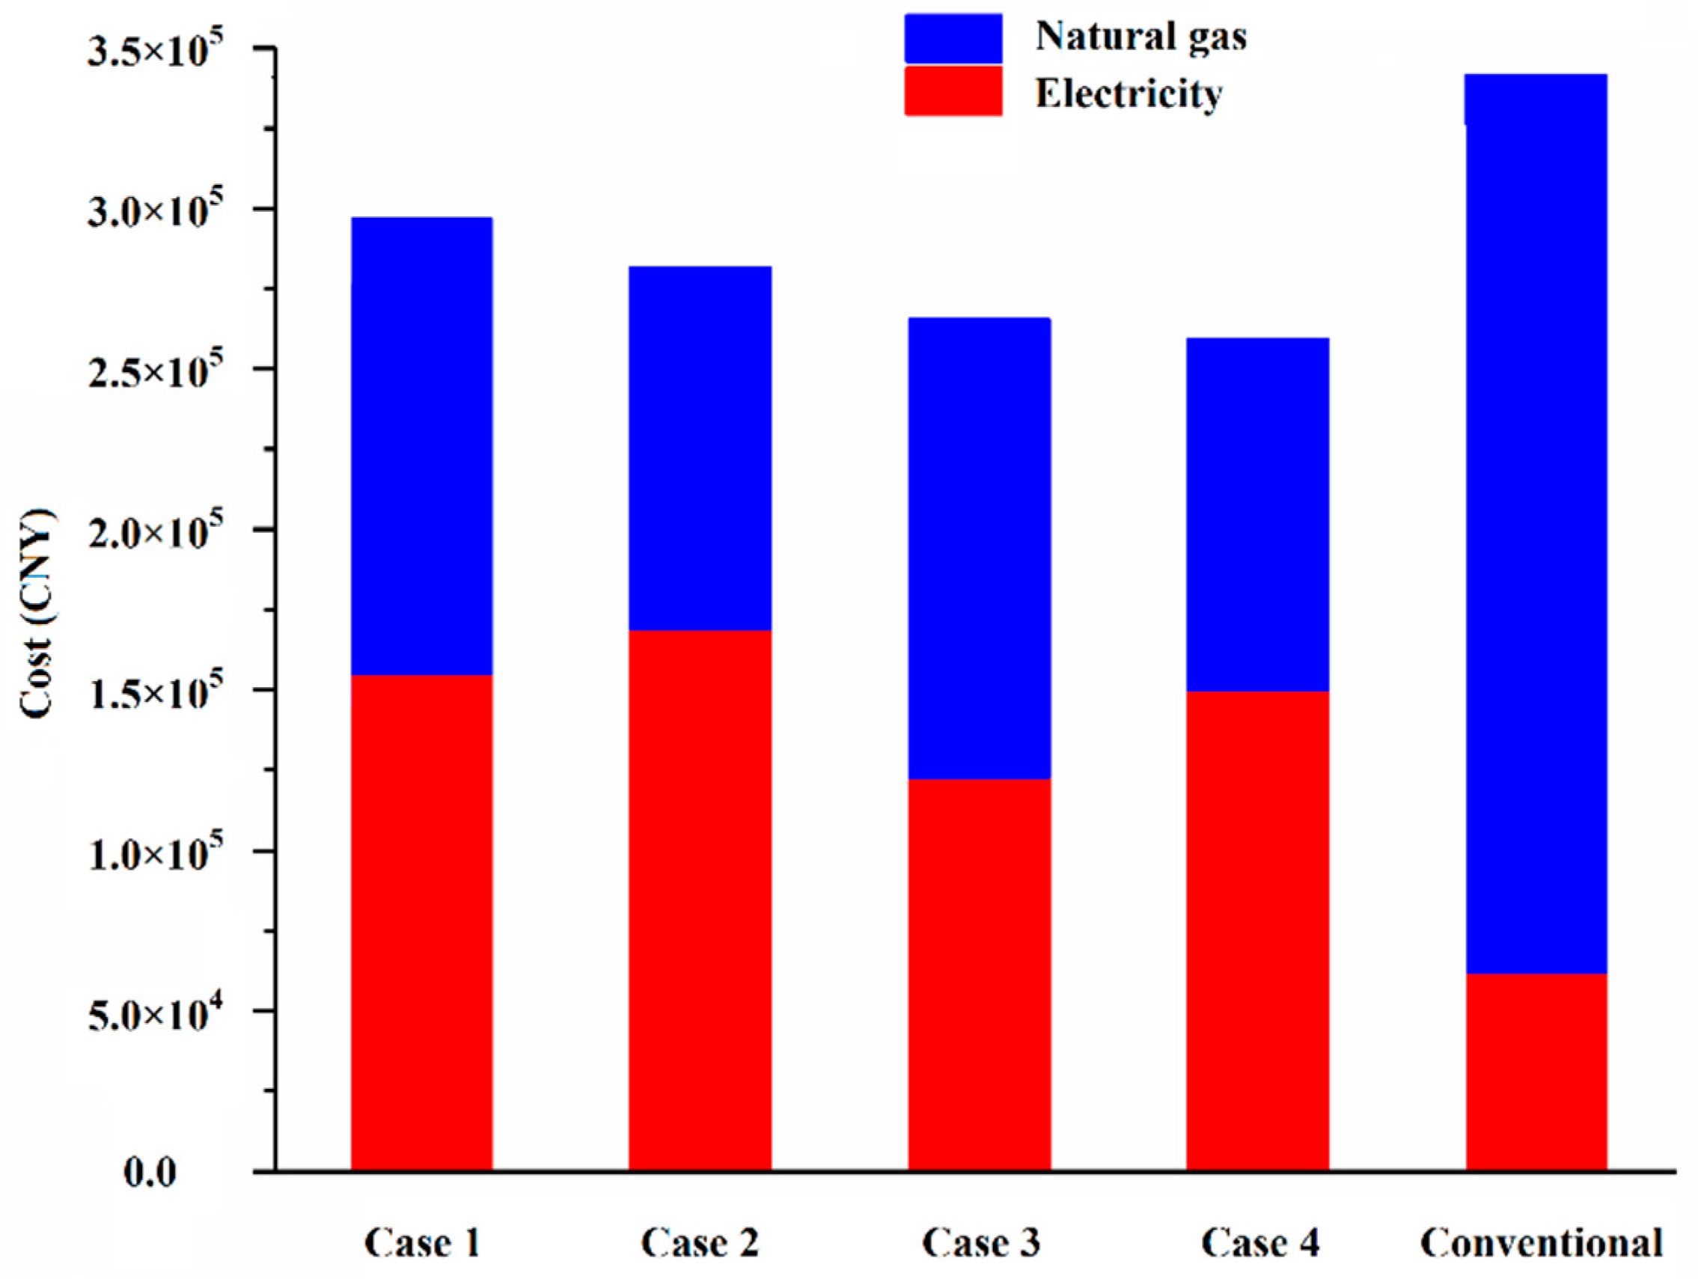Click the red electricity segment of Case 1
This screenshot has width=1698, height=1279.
[x=421, y=921]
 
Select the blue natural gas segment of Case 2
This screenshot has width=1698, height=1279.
[x=700, y=448]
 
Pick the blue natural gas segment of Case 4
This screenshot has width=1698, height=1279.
[x=1257, y=514]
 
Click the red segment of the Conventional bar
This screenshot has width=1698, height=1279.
[x=1536, y=1071]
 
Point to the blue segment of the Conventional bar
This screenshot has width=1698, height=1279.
[x=1536, y=522]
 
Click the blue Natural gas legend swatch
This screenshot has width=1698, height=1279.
[x=953, y=38]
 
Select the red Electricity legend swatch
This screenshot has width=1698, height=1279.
[x=953, y=91]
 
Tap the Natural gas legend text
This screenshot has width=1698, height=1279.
[x=1140, y=36]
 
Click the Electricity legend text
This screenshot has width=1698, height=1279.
[x=1129, y=94]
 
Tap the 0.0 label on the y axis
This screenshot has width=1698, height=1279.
[x=150, y=1173]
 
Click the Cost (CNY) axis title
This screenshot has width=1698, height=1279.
[x=37, y=614]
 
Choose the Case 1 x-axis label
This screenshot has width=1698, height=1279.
[x=421, y=1243]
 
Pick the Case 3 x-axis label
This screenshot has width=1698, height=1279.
[x=980, y=1243]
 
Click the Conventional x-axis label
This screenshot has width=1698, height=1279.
[x=1541, y=1243]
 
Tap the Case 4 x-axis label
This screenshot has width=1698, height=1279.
[x=1259, y=1243]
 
